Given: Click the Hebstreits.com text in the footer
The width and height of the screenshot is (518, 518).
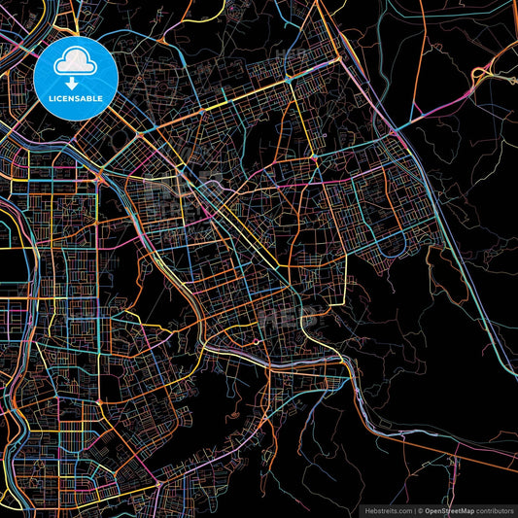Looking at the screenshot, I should (x=388, y=510).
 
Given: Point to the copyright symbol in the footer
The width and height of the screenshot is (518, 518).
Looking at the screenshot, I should (x=421, y=510).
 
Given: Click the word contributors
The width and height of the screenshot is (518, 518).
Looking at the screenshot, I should (x=496, y=510).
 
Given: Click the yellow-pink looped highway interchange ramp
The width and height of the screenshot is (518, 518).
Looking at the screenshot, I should (x=481, y=73).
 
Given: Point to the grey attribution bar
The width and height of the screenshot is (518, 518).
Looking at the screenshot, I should (x=437, y=510).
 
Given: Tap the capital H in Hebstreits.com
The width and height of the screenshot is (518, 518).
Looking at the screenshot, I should (x=367, y=510).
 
